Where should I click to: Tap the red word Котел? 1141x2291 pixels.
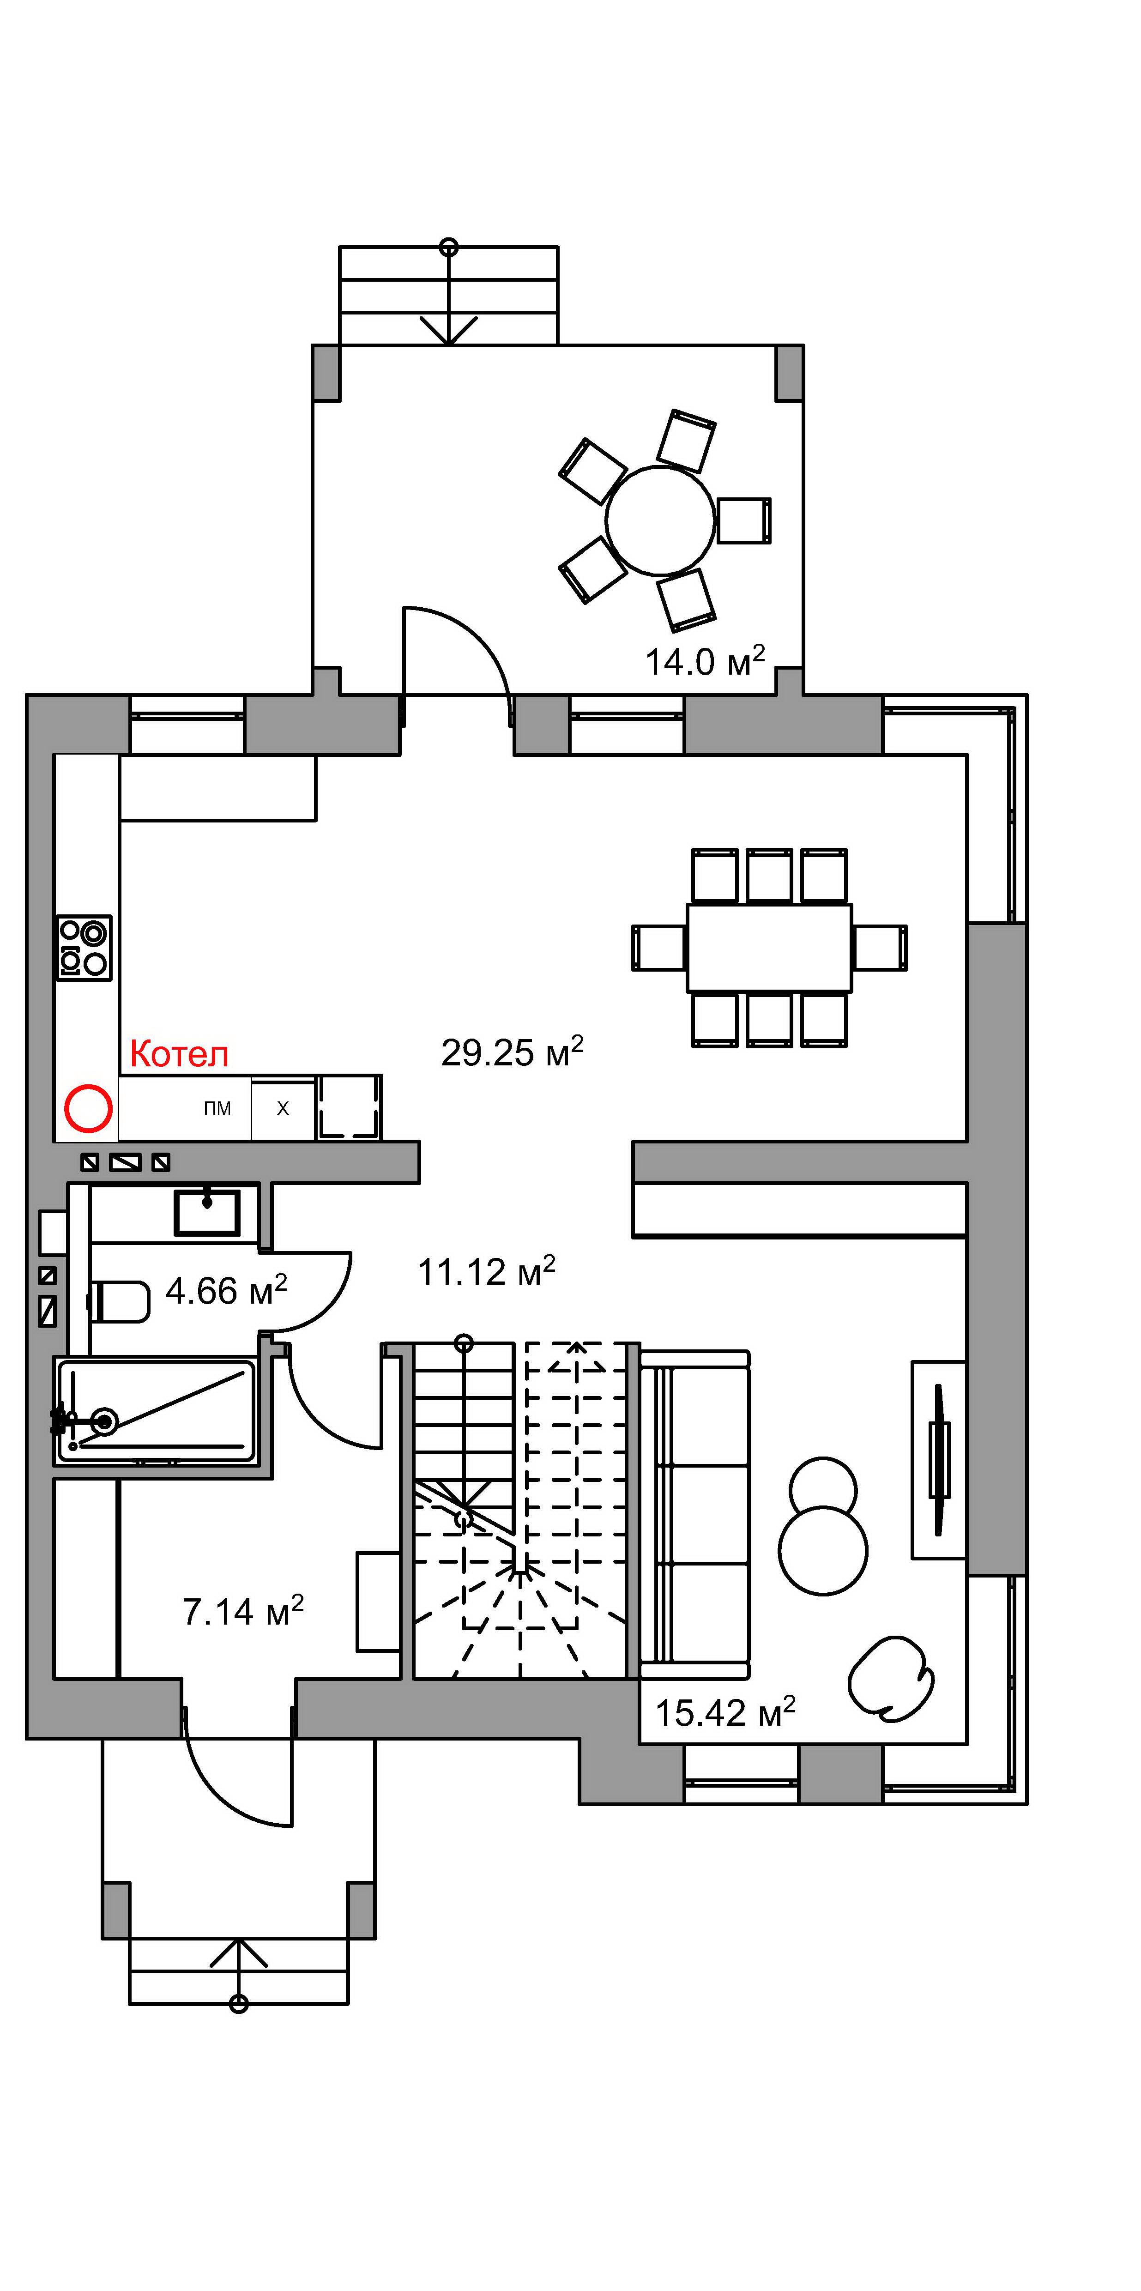click(x=180, y=1054)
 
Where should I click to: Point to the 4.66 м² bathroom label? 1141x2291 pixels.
click(x=227, y=1290)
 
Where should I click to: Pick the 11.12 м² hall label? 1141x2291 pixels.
click(x=486, y=1272)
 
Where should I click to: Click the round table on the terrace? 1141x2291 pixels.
click(x=660, y=520)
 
